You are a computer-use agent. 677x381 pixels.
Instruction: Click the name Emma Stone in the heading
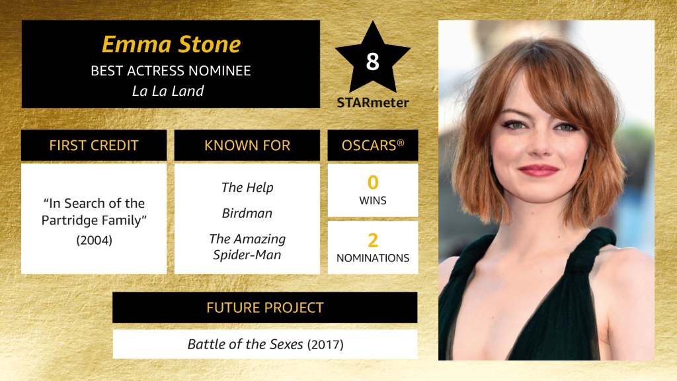(171, 44)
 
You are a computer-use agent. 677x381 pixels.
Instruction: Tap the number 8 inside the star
(373, 62)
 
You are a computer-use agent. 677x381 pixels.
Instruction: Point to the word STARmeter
(373, 103)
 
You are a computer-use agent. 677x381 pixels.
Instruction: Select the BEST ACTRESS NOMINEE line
(171, 71)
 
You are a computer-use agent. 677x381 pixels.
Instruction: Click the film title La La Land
(168, 91)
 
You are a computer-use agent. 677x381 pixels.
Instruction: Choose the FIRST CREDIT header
(94, 146)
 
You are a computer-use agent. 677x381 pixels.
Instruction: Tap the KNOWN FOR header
(247, 146)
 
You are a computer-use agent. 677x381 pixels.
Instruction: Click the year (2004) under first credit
(94, 240)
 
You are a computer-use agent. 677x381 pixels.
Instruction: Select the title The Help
(247, 187)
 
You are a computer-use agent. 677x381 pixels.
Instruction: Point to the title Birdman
(247, 213)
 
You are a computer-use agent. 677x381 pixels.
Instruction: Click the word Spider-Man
(247, 255)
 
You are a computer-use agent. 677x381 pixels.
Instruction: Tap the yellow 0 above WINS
(373, 183)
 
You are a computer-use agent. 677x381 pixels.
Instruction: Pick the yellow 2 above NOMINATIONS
(373, 240)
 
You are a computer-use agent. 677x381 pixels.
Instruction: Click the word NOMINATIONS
(373, 258)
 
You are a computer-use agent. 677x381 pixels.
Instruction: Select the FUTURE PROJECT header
(264, 308)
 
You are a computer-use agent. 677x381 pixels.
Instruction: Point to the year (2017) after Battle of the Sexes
(325, 345)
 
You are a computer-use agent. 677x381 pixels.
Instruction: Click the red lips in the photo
(538, 170)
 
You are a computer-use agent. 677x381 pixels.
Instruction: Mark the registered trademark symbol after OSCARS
(401, 143)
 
